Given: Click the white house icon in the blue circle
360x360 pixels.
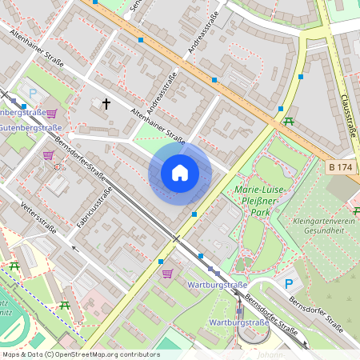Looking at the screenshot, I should (180, 173).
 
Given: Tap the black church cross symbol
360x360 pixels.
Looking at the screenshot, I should (106, 103).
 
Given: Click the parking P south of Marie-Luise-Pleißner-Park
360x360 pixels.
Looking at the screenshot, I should (289, 284).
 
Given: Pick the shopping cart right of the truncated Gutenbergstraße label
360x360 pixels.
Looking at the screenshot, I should (52, 114).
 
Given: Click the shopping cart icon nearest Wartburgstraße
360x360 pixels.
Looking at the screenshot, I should (166, 274).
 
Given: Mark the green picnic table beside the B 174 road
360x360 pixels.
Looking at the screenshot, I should (289, 122).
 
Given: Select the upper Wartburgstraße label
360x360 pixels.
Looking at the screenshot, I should (216, 285).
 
